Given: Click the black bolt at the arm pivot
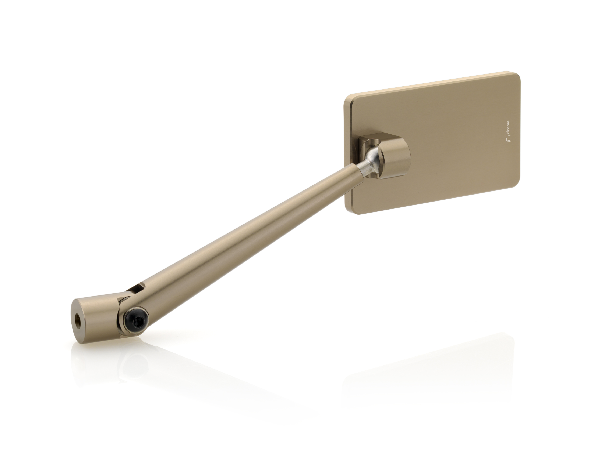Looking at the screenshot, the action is click(135, 318).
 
